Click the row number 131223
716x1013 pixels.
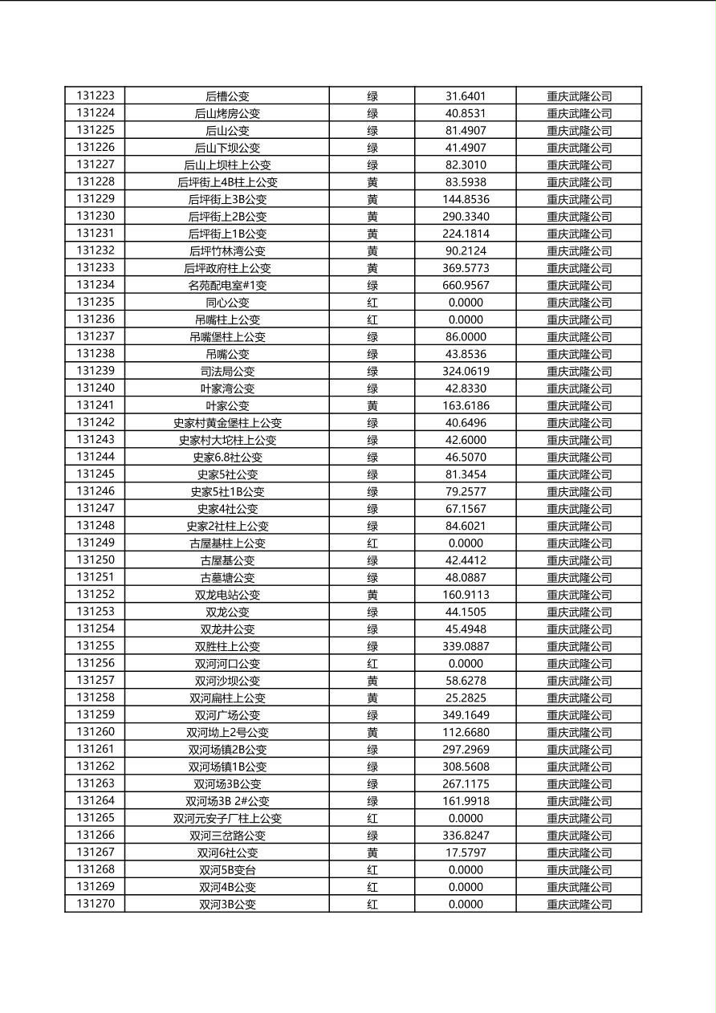[96, 96]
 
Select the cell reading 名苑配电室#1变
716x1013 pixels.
[227, 285]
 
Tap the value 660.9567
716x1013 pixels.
[466, 285]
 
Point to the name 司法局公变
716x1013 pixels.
[227, 371]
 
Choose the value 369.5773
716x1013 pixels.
[466, 268]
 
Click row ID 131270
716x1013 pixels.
[96, 904]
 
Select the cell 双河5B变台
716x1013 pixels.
[227, 870]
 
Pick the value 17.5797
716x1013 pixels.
[466, 852]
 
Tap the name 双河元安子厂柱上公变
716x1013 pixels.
[227, 819]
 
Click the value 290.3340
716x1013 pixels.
[466, 217]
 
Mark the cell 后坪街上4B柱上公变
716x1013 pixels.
[227, 182]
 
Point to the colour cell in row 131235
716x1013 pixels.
[372, 303]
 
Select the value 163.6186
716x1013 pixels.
[466, 405]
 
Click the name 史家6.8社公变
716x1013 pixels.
[227, 458]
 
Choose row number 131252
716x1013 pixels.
[96, 595]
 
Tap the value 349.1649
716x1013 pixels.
[466, 715]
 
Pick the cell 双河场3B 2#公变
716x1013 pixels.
[227, 801]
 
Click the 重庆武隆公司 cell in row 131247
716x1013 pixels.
[579, 509]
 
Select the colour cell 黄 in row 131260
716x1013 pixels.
[372, 732]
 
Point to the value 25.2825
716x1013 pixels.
[466, 698]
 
